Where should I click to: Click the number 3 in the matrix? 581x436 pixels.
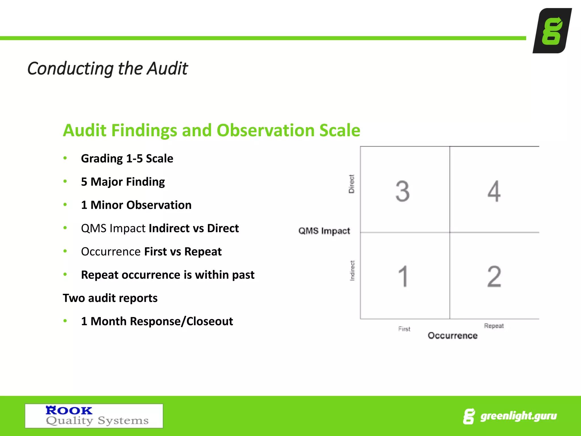point(403,191)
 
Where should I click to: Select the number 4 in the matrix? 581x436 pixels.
point(494,191)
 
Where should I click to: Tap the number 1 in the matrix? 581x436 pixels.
point(403,276)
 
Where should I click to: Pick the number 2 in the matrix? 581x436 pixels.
point(494,276)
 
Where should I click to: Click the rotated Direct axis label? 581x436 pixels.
point(351,184)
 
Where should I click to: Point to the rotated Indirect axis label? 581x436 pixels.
point(352,271)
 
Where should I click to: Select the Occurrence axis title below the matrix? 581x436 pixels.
point(452,336)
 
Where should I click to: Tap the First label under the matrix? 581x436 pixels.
point(404,329)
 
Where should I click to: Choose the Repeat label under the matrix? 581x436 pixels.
point(494,326)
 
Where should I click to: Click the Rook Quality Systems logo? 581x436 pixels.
point(94,416)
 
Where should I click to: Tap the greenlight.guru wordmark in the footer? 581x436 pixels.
point(518,416)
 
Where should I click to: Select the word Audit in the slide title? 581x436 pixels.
point(167,69)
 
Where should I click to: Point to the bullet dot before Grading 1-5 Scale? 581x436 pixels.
point(65,158)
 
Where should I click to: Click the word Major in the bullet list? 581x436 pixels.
point(107,182)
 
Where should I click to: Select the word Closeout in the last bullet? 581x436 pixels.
point(210,321)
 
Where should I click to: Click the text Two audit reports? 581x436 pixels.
point(110,298)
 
